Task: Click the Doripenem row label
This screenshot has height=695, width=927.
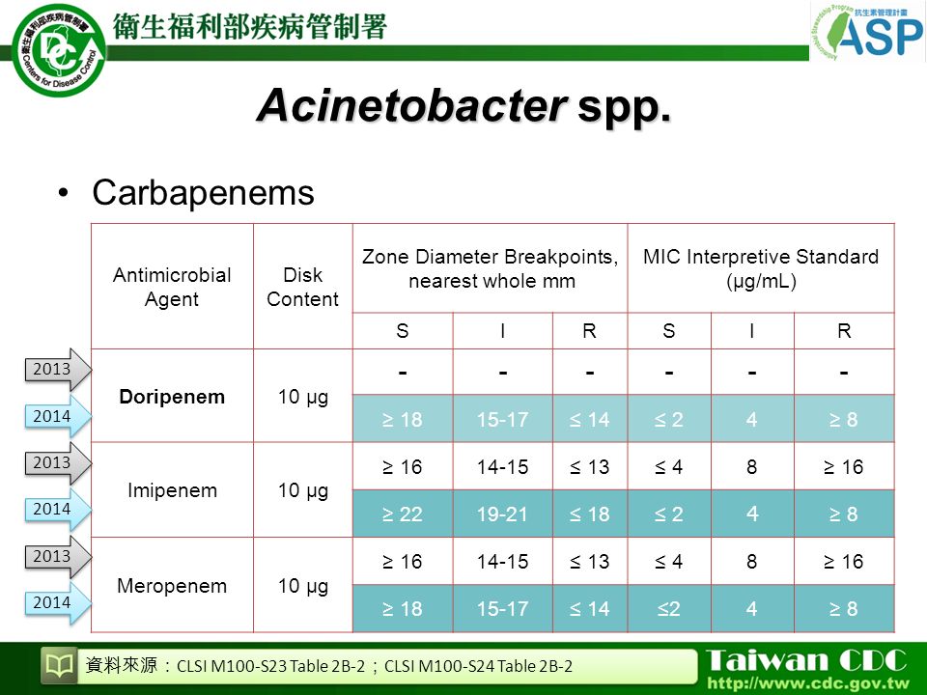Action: (x=172, y=397)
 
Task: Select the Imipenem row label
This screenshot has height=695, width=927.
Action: (x=172, y=490)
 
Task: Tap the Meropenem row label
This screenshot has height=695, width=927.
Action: (x=172, y=586)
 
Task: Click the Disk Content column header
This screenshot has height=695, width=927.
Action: (x=302, y=287)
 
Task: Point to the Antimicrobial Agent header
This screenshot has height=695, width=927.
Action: (x=172, y=287)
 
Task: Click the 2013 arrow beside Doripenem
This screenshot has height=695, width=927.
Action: (x=58, y=370)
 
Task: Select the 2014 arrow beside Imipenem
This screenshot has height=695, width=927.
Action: (x=58, y=509)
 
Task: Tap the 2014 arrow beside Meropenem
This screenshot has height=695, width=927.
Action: (x=58, y=602)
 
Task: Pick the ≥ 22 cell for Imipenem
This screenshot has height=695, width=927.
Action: (x=403, y=514)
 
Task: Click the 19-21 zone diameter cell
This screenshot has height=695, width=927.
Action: (x=502, y=514)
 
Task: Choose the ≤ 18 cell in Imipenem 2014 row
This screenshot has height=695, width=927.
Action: (x=589, y=514)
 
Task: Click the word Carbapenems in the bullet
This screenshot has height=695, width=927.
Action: (x=203, y=193)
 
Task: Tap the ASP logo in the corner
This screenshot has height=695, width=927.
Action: (x=867, y=32)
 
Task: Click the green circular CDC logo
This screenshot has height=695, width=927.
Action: (x=59, y=50)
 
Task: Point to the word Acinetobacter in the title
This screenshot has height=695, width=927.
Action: (x=412, y=106)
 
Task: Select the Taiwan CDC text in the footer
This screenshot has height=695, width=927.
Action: (x=806, y=660)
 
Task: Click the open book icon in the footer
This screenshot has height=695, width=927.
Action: (x=60, y=666)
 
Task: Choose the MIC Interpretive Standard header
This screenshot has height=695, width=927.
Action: (x=761, y=268)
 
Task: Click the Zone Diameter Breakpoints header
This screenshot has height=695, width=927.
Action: (x=491, y=268)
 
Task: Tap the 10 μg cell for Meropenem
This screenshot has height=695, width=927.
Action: (x=302, y=586)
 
